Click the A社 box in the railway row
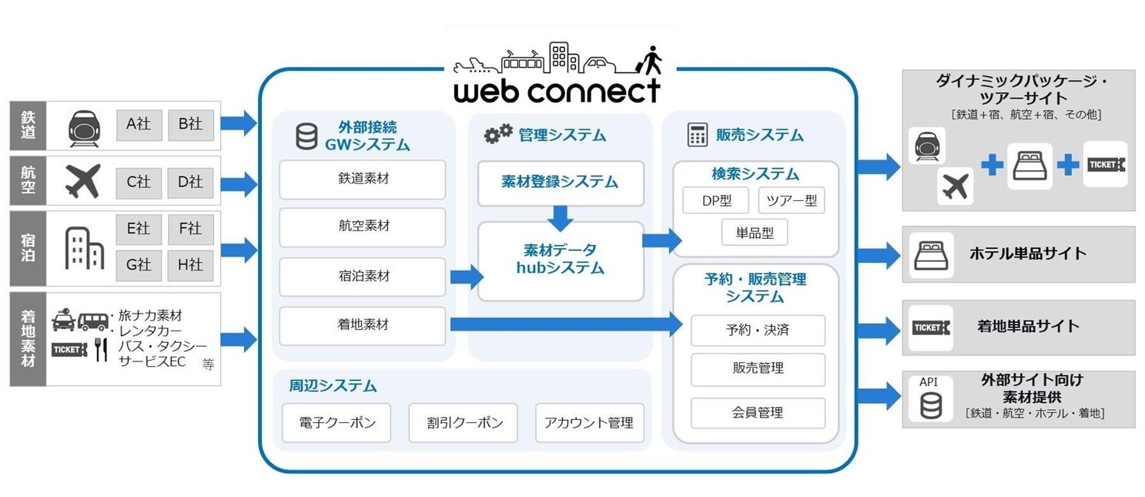click(x=139, y=124)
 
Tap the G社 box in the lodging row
click(x=139, y=264)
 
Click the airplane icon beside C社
click(x=82, y=181)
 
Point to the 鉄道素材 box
click(x=363, y=179)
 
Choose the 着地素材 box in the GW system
click(x=363, y=325)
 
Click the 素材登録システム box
click(x=561, y=183)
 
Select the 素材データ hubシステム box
click(x=561, y=260)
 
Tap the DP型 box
click(x=716, y=201)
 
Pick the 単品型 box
click(x=755, y=232)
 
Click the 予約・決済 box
click(x=758, y=330)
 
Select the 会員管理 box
click(x=758, y=412)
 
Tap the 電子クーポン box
click(x=336, y=422)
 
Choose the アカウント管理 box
click(x=588, y=422)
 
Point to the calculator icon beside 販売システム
click(x=697, y=135)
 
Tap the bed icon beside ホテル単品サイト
click(x=930, y=254)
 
